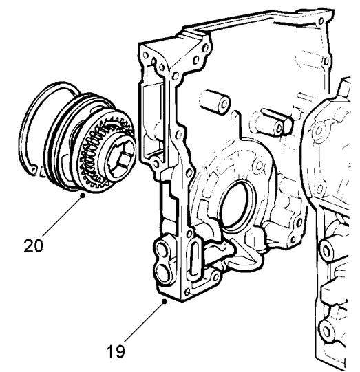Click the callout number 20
click(x=34, y=245)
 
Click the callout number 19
click(x=116, y=351)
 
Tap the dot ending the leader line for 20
click(x=83, y=195)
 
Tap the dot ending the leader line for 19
click(x=164, y=301)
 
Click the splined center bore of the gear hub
click(x=119, y=157)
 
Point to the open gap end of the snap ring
click(x=33, y=168)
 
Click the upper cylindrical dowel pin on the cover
click(x=215, y=102)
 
